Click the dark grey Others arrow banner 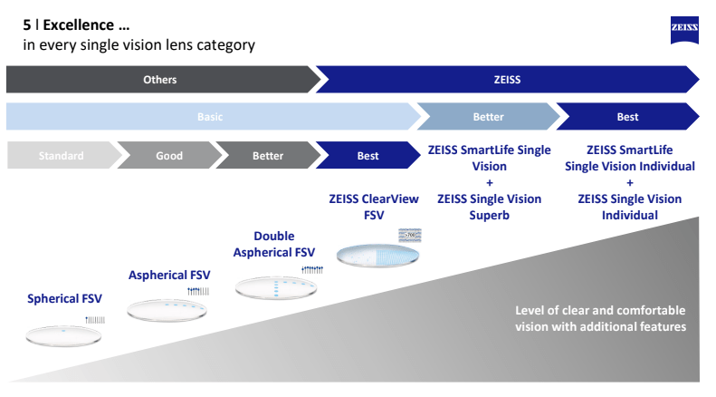point(160,80)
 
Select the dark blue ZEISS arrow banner point(507,80)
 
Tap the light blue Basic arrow point(210,117)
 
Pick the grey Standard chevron point(60,156)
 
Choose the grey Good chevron point(168,156)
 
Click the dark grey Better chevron point(267,156)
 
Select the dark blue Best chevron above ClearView point(368,156)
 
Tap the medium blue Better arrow point(488,117)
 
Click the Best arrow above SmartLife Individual point(627,117)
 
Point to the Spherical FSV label point(64,298)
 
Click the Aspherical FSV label point(168,275)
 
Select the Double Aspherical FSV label point(273,245)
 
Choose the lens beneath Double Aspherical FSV point(276,288)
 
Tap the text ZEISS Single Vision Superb point(489,207)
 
